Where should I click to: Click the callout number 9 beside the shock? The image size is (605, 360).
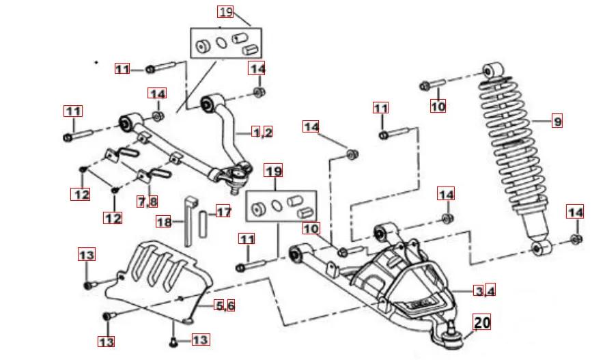click(x=558, y=122)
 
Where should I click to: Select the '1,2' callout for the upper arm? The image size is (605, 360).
click(x=262, y=133)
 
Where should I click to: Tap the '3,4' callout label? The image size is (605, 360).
click(x=485, y=290)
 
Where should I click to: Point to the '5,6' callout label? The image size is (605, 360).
click(x=225, y=305)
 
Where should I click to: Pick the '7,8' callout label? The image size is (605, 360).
click(x=147, y=202)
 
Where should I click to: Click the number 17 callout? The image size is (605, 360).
click(x=224, y=212)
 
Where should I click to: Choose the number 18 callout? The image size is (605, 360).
click(x=164, y=222)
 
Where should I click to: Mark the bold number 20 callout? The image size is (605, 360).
click(x=482, y=321)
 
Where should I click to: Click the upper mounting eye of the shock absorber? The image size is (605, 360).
click(x=493, y=71)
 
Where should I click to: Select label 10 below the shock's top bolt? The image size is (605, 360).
click(x=438, y=106)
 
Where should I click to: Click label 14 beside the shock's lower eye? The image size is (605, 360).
click(x=576, y=212)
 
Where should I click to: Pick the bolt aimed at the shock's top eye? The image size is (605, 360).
click(x=433, y=85)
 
